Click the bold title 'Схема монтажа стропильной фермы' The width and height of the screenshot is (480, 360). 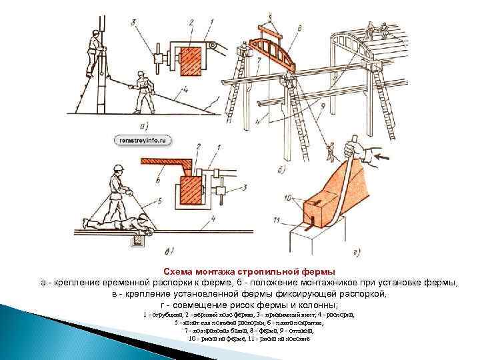(x=250, y=272)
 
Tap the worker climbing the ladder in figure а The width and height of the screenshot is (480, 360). (x=93, y=53)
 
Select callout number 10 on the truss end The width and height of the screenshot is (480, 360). (x=288, y=197)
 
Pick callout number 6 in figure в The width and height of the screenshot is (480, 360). (x=157, y=180)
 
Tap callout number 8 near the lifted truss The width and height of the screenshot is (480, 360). (x=301, y=28)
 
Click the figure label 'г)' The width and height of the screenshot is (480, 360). (x=356, y=252)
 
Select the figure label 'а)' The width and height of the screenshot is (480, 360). (x=143, y=125)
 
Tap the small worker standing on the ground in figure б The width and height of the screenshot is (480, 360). (x=329, y=152)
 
